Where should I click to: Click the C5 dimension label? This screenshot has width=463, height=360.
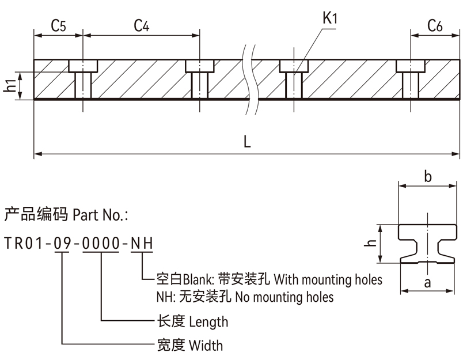coord(59,25)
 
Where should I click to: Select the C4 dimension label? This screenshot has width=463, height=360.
coord(142,25)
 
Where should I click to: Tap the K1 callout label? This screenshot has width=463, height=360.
coord(329,18)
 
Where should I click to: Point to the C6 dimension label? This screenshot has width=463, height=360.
coord(435,25)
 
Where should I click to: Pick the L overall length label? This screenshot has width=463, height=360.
coord(247,142)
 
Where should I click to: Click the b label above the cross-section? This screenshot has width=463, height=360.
coord(427,177)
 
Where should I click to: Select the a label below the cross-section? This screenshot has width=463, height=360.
coord(427,282)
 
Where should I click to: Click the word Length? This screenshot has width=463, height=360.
coord(208,321)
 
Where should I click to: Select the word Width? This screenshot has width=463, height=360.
coord(206,346)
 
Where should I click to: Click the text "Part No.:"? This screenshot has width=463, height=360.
coord(101,215)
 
